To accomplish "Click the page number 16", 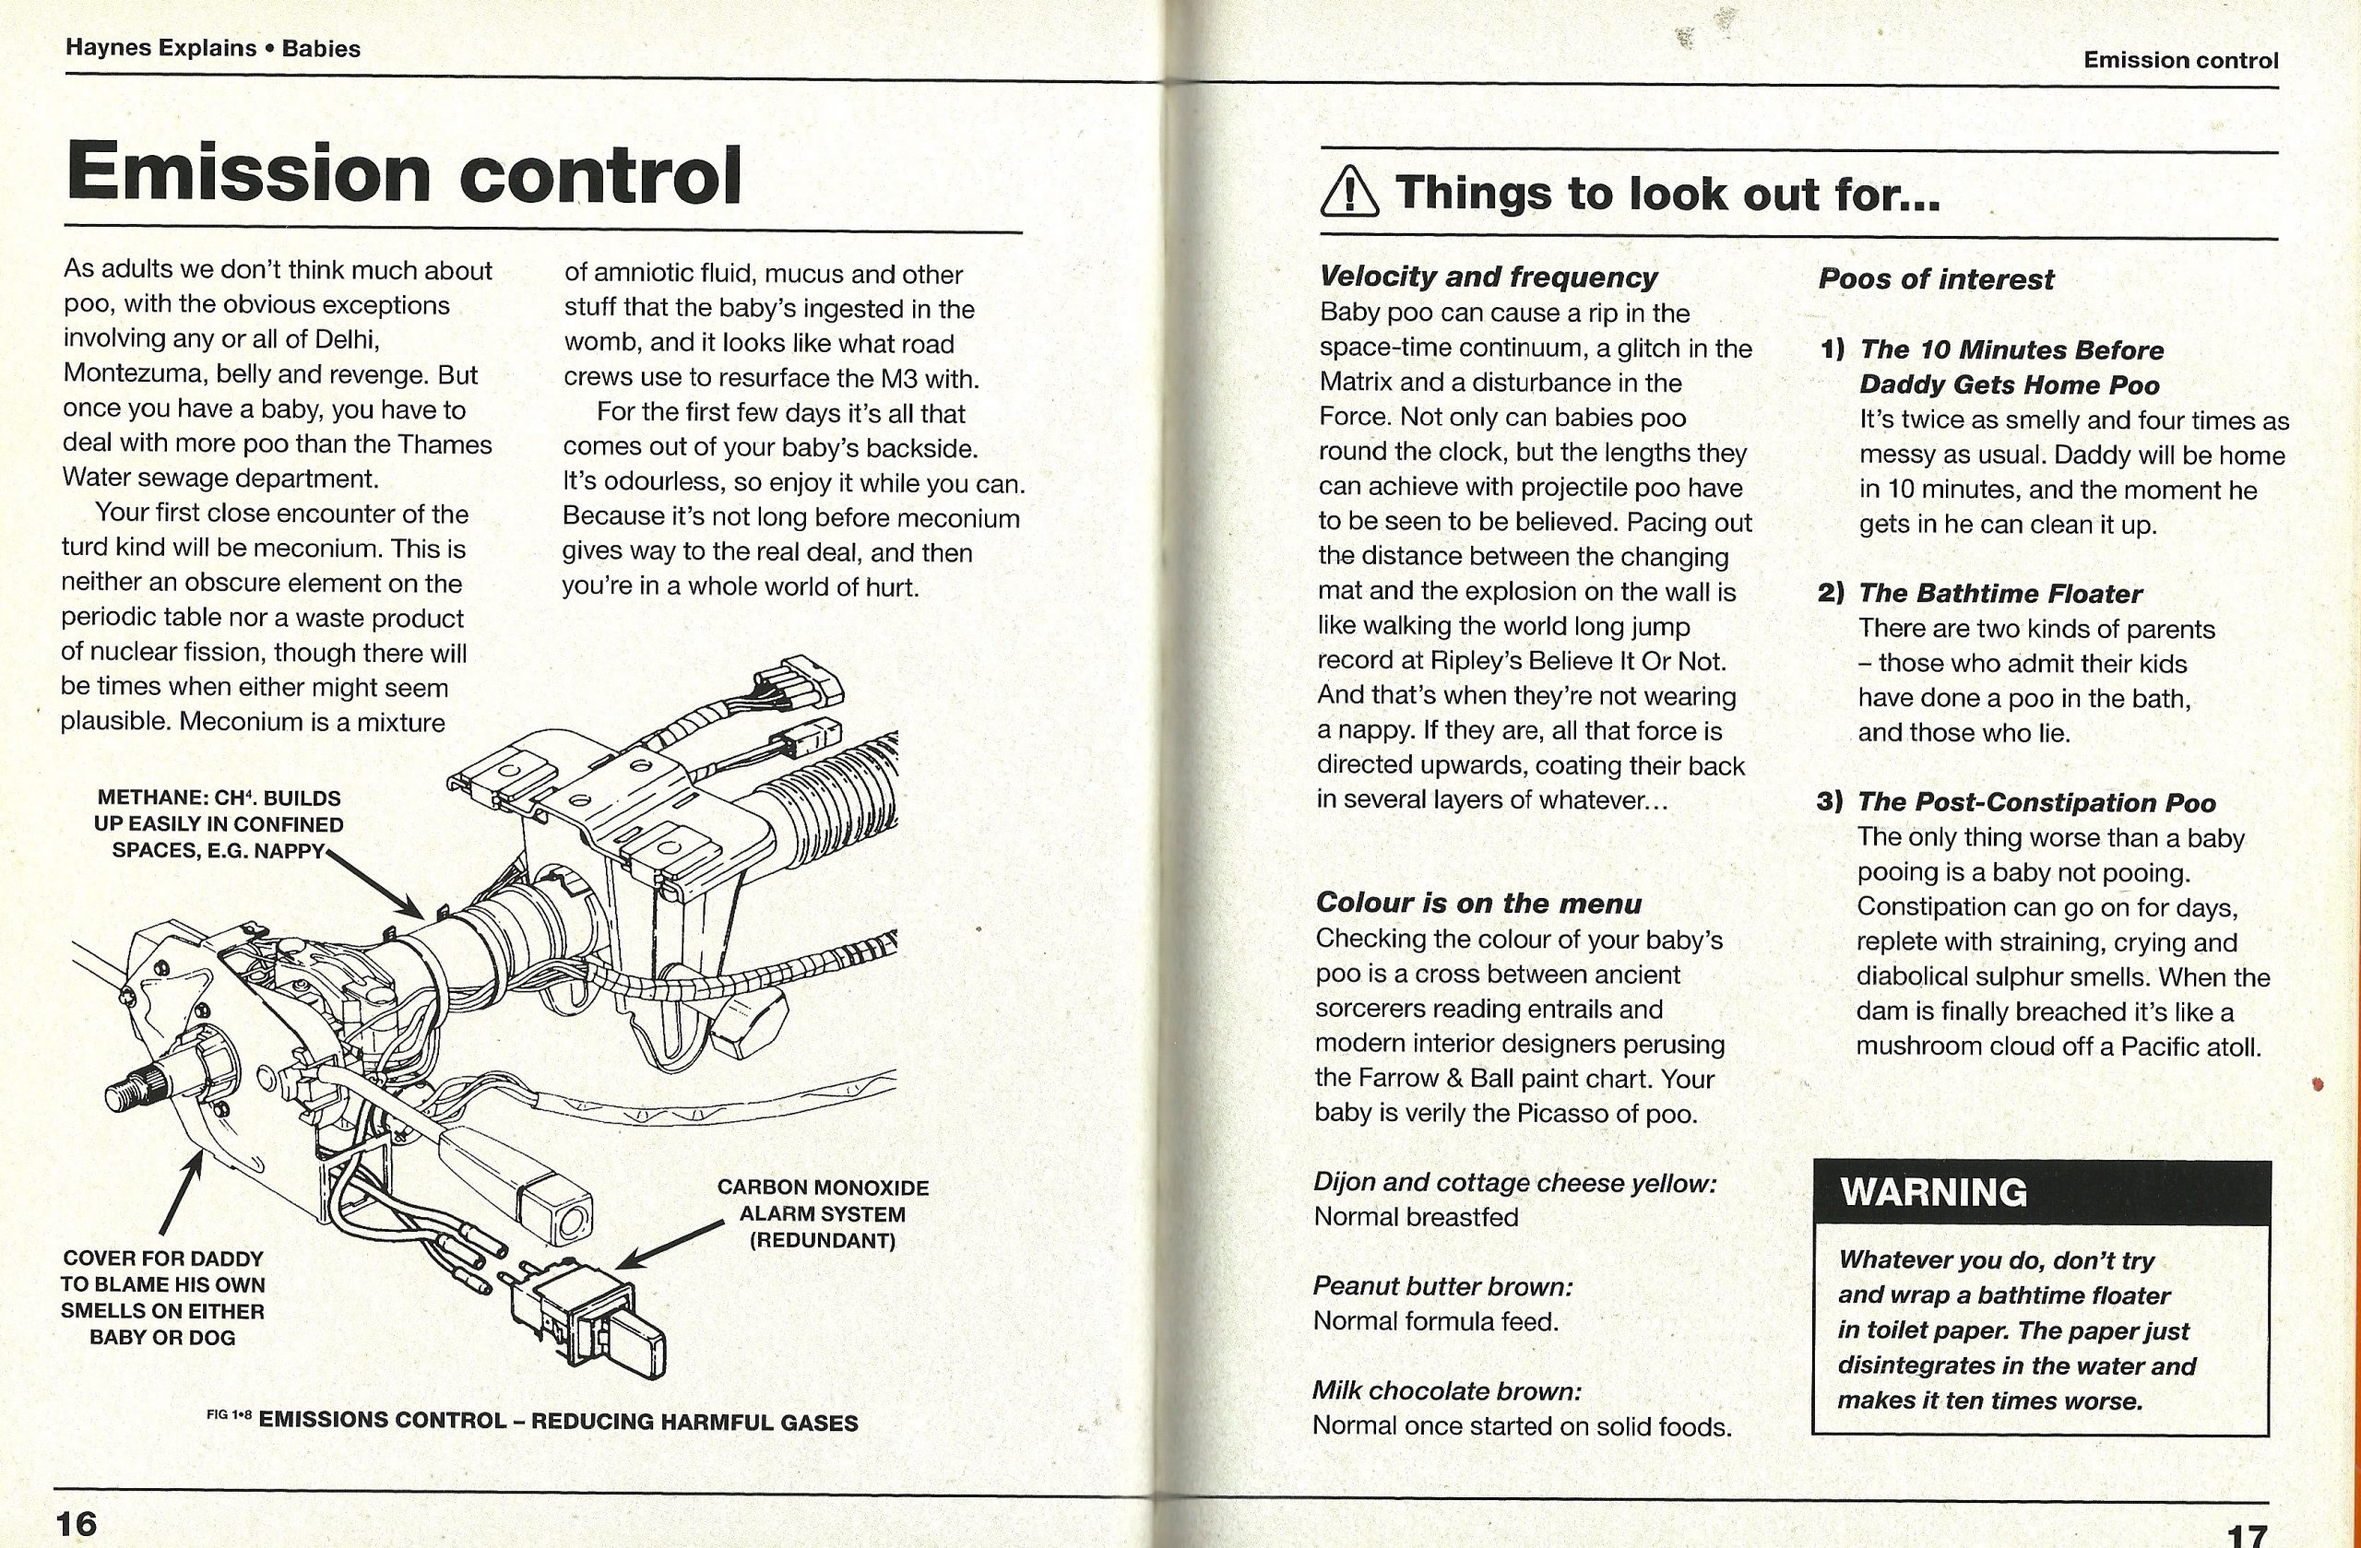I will [77, 1522].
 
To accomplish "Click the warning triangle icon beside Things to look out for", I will [1349, 193].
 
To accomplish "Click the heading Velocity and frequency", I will [1488, 277].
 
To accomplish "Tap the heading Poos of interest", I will [1936, 279].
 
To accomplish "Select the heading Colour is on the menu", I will [1478, 903].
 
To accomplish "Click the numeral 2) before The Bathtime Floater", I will [1832, 593].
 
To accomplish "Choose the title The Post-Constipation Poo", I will [2035, 801].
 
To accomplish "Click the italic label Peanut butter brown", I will [1442, 1286].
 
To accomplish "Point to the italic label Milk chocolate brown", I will [1446, 1390].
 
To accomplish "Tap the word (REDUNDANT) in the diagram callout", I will [823, 1241].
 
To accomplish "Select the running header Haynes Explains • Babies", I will [212, 48].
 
